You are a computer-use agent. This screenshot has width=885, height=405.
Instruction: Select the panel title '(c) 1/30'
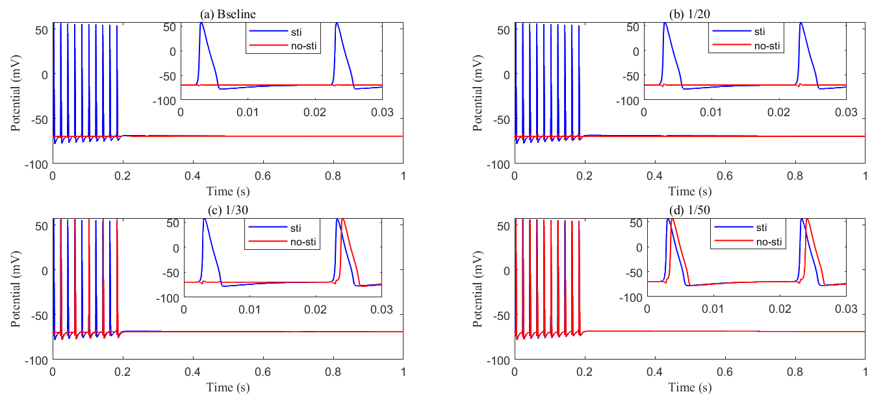(227, 210)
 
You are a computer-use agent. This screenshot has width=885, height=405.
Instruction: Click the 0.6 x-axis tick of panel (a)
(263, 177)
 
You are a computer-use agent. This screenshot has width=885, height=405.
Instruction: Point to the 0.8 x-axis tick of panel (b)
(795, 177)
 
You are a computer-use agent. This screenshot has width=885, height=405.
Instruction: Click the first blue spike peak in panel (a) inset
(201, 23)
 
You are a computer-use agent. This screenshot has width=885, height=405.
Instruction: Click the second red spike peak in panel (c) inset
(343, 219)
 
